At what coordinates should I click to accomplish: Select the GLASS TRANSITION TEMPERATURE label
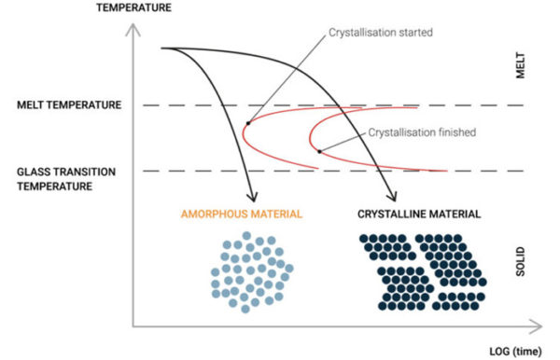tap(68, 178)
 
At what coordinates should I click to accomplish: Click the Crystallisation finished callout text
tap(422, 132)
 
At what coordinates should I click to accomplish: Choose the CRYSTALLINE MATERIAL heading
tap(419, 215)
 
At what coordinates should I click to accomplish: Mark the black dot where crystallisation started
tap(247, 122)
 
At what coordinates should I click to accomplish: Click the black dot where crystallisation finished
tap(319, 151)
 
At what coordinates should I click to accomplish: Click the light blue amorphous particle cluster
tap(250, 270)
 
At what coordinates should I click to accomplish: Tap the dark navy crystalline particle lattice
tap(420, 270)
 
